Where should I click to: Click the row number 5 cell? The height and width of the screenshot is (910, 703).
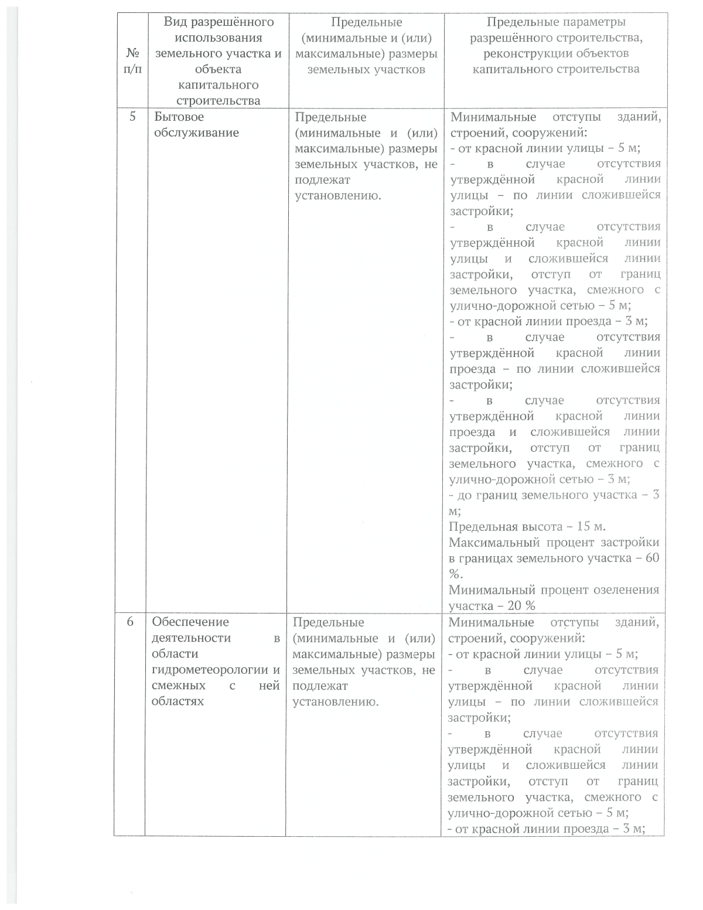(x=132, y=117)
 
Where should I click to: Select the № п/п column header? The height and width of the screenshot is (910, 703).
(x=133, y=61)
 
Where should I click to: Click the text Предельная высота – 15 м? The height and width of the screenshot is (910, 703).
(x=523, y=527)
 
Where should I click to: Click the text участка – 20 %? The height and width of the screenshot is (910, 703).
(x=492, y=606)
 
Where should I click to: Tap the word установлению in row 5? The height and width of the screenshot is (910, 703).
(x=337, y=196)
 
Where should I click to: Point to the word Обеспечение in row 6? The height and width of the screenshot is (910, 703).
(x=190, y=622)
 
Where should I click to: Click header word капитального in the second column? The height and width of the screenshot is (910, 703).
(x=219, y=86)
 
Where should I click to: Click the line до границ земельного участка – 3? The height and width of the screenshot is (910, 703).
(x=554, y=495)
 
